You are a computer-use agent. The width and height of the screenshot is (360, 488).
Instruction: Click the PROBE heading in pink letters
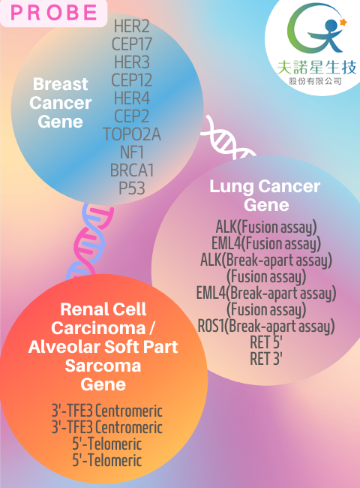[x=54, y=13]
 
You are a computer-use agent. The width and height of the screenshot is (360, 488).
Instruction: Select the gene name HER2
[x=132, y=26]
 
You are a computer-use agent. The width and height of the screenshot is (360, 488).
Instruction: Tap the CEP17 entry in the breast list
[x=132, y=44]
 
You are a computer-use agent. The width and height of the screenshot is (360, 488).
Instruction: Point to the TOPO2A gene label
[x=132, y=134]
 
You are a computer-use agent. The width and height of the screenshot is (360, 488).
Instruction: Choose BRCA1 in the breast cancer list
[x=132, y=170]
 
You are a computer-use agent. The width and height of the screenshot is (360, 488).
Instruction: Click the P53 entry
[x=132, y=188]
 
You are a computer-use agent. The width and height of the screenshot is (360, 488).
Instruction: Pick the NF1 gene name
[x=132, y=152]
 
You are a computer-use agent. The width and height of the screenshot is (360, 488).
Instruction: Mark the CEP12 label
[x=132, y=80]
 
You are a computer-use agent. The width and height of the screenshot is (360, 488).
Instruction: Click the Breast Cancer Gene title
[x=60, y=103]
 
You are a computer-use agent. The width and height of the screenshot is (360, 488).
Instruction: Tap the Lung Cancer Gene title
[x=265, y=195]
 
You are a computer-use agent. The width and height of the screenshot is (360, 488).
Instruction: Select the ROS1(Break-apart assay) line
[x=266, y=327]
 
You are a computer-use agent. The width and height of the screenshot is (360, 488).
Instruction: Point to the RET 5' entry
[x=266, y=342]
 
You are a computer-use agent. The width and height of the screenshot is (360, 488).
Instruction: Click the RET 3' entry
[x=266, y=359]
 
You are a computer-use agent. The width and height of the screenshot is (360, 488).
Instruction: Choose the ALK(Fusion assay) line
[x=266, y=227]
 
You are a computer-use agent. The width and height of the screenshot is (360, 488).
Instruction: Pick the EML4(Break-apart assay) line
[x=266, y=293]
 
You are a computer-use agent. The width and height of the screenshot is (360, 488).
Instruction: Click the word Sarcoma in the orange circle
[x=103, y=366]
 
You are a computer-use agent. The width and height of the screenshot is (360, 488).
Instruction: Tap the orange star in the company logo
[x=343, y=22]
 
